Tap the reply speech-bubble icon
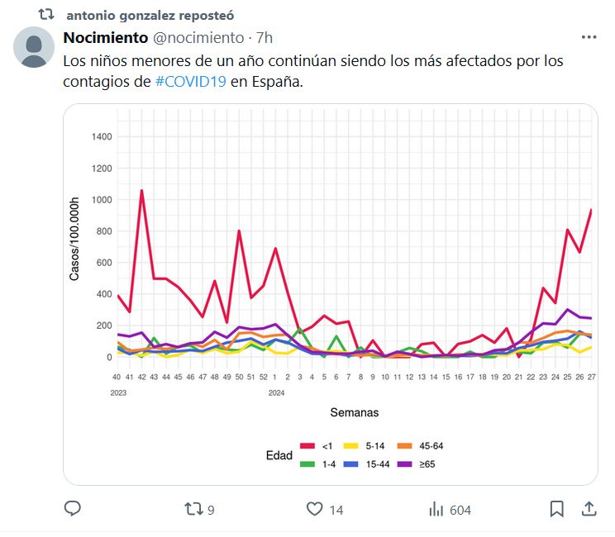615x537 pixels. [x=73, y=509]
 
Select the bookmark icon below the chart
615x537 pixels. [x=557, y=509]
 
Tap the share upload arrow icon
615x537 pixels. [x=589, y=508]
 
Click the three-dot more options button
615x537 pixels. [x=589, y=37]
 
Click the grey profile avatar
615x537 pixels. [x=35, y=47]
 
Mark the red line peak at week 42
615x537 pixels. [x=141, y=191]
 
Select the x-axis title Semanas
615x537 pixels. [x=355, y=411]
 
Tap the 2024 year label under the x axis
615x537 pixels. [x=277, y=393]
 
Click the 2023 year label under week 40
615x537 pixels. [x=119, y=393]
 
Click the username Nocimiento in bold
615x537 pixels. [x=106, y=38]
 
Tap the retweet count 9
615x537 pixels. [x=211, y=510]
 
